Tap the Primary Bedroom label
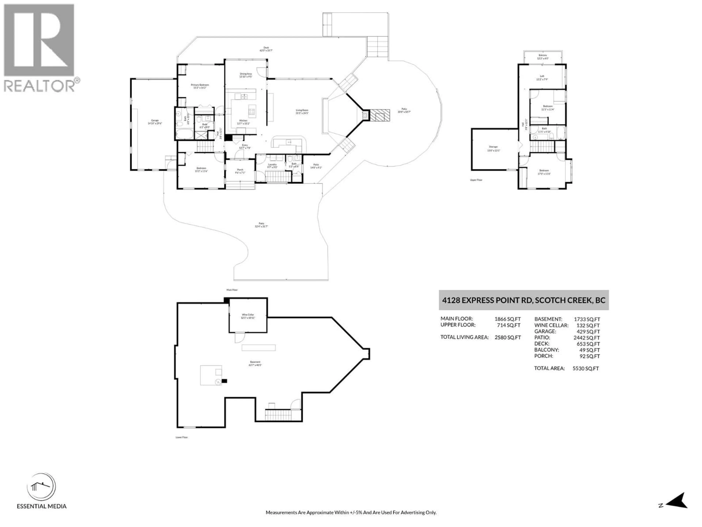click(200, 86)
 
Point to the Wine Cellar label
click(248, 316)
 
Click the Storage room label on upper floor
click(493, 148)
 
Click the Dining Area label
click(246, 75)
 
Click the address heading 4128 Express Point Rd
click(524, 300)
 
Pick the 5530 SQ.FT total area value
click(586, 369)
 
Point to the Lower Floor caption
click(182, 437)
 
